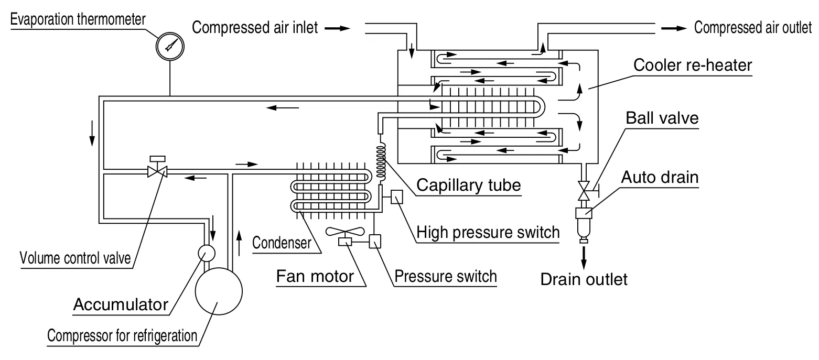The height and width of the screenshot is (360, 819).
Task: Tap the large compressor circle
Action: tap(218, 292)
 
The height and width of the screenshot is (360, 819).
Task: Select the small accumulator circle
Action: tap(206, 253)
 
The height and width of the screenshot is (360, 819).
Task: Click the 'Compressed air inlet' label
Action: tap(255, 27)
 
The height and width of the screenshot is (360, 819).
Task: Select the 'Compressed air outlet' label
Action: tap(752, 27)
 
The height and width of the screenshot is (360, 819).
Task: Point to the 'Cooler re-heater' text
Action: tap(693, 66)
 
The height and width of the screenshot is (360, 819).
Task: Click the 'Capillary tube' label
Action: tap(469, 184)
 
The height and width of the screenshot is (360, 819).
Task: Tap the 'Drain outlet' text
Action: tap(584, 279)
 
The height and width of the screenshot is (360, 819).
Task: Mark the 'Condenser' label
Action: tap(282, 243)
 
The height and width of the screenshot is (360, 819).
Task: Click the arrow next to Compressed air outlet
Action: tap(673, 28)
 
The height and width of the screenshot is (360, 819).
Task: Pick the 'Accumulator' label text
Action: tap(121, 304)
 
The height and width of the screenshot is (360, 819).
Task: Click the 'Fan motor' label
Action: tap(315, 276)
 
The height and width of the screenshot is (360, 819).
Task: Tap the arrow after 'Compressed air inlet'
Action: tap(337, 28)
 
